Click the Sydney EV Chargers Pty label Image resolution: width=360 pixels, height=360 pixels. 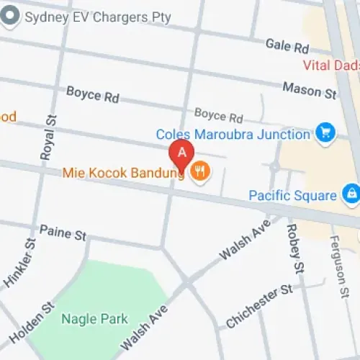click(98, 17)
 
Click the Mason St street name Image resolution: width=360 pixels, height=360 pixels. click(310, 91)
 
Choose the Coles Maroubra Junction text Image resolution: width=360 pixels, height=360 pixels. click(233, 134)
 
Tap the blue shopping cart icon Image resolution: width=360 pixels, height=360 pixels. click(325, 132)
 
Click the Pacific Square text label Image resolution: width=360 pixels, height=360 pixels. click(292, 195)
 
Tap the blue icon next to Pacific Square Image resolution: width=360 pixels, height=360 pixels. click(351, 194)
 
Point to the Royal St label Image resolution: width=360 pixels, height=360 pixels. click(47, 137)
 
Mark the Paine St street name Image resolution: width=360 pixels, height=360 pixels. click(63, 233)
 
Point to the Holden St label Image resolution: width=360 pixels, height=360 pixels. click(31, 322)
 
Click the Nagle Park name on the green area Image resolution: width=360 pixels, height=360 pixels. click(94, 319)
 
